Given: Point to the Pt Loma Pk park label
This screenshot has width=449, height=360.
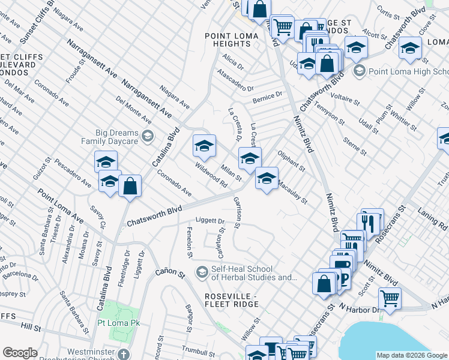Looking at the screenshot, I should tap(118, 323).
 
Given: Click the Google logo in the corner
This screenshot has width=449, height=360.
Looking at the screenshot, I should tap(20, 353).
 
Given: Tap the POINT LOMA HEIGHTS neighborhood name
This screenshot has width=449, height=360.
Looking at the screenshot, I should tap(232, 40).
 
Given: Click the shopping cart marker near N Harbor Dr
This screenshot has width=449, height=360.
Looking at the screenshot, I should tap(390, 298).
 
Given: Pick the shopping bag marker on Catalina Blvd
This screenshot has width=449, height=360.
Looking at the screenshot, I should tap(130, 186).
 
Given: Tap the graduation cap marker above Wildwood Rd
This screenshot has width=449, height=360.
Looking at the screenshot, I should tap(204, 146).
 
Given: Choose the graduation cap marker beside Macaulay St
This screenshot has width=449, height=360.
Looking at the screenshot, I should tap(267, 178).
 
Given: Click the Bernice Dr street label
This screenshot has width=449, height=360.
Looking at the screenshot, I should tap(267, 97).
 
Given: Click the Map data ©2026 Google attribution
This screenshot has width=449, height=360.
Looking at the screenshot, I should tap(411, 355).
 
